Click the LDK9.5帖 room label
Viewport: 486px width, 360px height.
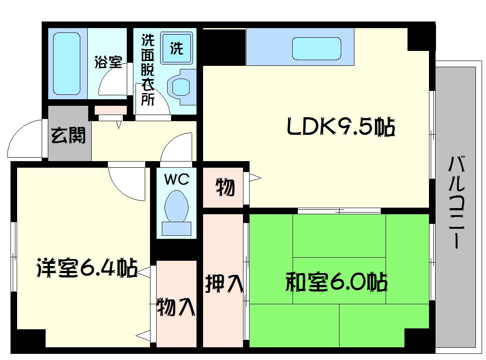[x=340, y=128]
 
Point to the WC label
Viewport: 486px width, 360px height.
[x=176, y=179]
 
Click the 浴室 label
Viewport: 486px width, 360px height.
[x=108, y=62]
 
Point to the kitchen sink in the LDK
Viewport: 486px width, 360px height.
[x=316, y=48]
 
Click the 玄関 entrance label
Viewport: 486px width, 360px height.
[x=69, y=136]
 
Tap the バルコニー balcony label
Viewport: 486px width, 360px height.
[x=455, y=203]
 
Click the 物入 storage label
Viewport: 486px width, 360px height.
[x=176, y=306]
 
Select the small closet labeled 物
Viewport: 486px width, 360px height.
[x=225, y=188]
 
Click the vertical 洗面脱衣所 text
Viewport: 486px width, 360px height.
[x=147, y=70]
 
